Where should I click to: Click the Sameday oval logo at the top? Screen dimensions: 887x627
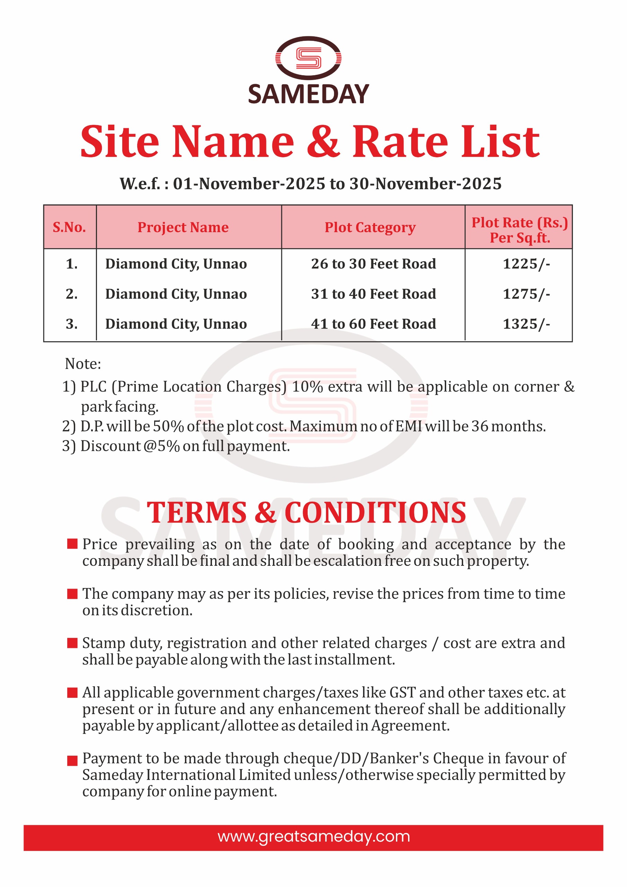point(308,58)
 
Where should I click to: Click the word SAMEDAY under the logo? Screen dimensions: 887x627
point(308,94)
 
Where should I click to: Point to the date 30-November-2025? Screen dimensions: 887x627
point(425,184)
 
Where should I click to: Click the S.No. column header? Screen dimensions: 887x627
point(69,227)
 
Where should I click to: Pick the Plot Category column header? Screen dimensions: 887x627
point(370,227)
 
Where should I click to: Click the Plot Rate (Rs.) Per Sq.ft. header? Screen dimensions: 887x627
point(519,230)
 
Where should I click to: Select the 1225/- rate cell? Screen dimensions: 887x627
point(526,264)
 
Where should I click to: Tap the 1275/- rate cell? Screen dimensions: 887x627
point(526,294)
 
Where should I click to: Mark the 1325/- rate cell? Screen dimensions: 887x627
point(526,324)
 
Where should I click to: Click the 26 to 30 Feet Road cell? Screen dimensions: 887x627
point(373,264)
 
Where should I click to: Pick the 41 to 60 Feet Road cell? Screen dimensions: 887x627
point(373,324)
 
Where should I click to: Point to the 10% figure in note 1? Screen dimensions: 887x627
point(307,387)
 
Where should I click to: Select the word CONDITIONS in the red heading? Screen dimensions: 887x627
point(375,513)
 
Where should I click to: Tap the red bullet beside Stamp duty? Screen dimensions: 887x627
point(72,643)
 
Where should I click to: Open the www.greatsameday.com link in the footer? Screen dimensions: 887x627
point(313,837)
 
